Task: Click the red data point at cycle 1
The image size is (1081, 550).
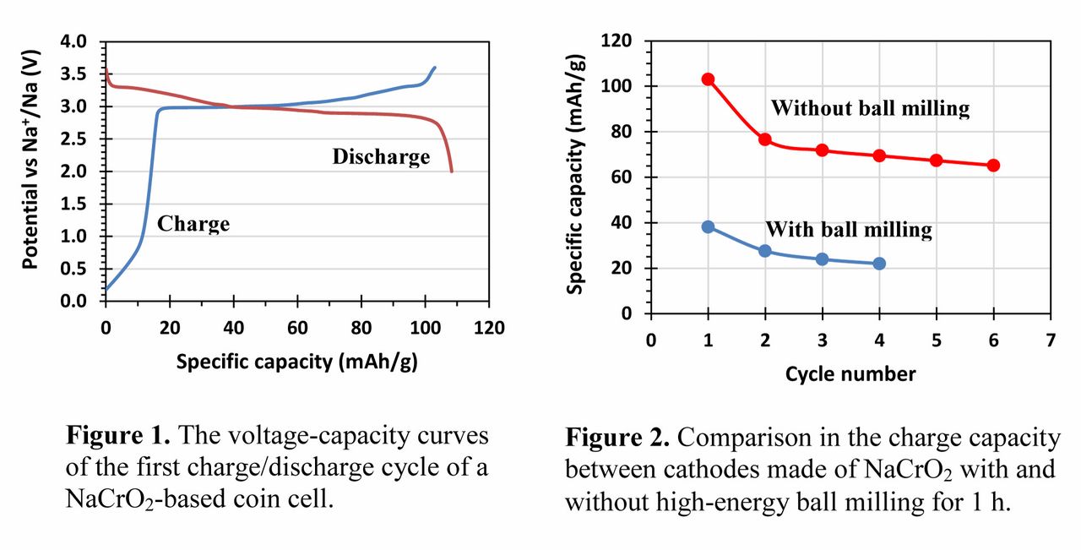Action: point(708,79)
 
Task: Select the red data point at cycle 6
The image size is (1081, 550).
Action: point(993,166)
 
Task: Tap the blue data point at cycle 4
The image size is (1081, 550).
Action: point(879,264)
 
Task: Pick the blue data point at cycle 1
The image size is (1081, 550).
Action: point(708,226)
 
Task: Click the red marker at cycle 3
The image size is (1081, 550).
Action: point(822,150)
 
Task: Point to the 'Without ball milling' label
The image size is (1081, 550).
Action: point(870,108)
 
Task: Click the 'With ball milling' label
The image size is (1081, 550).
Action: point(848,229)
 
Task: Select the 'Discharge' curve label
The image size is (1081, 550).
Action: point(381,156)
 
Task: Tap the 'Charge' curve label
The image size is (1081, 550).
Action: point(193,224)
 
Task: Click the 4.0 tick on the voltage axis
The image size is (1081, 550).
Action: point(76,41)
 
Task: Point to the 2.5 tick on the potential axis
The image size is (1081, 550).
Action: point(76,139)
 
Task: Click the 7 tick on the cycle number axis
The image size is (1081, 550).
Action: point(1050,340)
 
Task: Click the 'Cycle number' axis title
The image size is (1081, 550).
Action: point(850,373)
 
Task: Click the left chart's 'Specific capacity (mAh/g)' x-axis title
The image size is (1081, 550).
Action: point(297,362)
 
